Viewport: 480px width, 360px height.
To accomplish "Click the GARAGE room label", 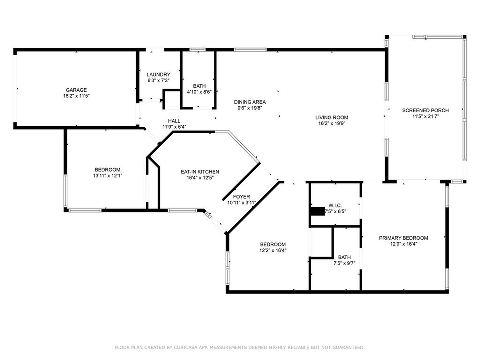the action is (x=76, y=90).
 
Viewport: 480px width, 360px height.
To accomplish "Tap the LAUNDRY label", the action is (x=158, y=74).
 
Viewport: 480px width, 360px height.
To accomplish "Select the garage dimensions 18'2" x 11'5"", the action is (x=76, y=96).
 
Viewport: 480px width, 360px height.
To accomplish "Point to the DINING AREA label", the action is (x=250, y=102).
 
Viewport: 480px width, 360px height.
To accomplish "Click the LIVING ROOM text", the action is (x=332, y=117).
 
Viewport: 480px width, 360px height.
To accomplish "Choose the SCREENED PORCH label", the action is (x=425, y=110).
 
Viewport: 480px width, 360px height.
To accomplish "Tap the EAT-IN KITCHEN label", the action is (x=200, y=172).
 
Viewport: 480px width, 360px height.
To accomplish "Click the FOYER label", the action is (x=241, y=197).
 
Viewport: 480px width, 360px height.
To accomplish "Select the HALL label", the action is (x=174, y=121).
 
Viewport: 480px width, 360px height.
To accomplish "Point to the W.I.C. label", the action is (x=335, y=205).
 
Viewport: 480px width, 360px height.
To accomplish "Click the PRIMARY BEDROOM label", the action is (x=404, y=238).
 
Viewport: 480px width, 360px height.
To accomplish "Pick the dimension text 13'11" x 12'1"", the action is (x=108, y=176).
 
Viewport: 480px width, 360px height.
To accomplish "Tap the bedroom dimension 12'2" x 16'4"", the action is (x=273, y=250).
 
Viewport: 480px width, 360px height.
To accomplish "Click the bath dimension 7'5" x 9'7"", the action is (x=344, y=263).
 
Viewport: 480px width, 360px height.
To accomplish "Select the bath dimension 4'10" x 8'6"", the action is (x=199, y=92).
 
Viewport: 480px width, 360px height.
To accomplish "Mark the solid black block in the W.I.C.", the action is (x=318, y=211).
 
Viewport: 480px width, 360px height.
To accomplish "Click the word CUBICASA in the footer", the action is (x=185, y=348).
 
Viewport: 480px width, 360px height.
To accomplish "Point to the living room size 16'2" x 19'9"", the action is (x=332, y=123).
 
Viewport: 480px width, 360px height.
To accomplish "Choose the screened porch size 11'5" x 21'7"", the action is (x=426, y=116).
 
